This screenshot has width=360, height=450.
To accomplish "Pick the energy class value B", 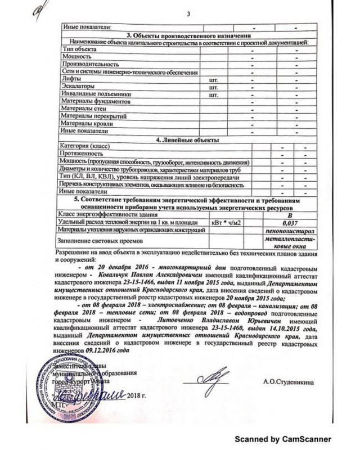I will (291, 215).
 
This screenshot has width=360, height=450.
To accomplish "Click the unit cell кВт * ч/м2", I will (229, 223).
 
